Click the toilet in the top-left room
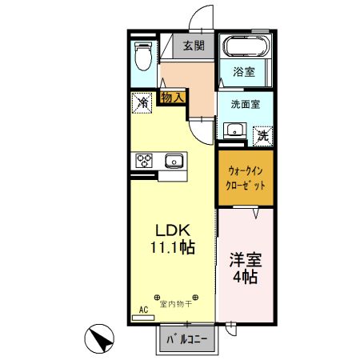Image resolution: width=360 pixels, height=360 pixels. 142,57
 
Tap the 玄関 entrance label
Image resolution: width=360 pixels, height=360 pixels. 193,46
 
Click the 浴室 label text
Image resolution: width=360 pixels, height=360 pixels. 243,72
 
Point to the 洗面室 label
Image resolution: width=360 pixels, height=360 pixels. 245,104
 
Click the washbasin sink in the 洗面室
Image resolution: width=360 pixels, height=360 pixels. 235,130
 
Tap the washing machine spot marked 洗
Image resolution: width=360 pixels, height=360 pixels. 262,135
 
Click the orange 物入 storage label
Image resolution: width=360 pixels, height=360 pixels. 172,97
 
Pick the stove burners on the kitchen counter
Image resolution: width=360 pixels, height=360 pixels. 144,160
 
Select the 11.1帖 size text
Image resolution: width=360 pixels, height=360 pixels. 170,248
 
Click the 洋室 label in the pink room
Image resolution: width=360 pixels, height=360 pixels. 245,260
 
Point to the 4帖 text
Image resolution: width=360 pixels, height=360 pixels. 245,278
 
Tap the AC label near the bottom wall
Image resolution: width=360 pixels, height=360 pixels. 145,309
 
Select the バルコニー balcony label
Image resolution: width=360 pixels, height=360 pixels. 187,339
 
